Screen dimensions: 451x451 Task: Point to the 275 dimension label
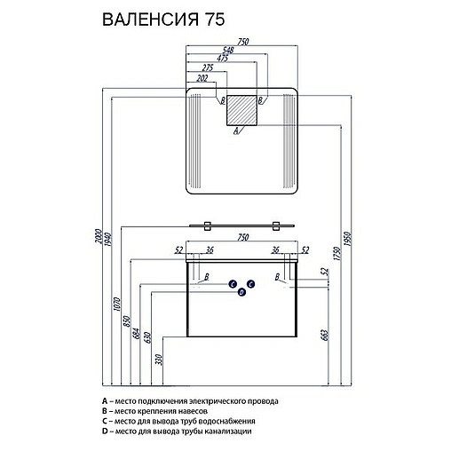(x=209, y=67)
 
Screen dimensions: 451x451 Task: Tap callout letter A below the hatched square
(x=235, y=131)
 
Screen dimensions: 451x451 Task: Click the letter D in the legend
(x=105, y=430)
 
